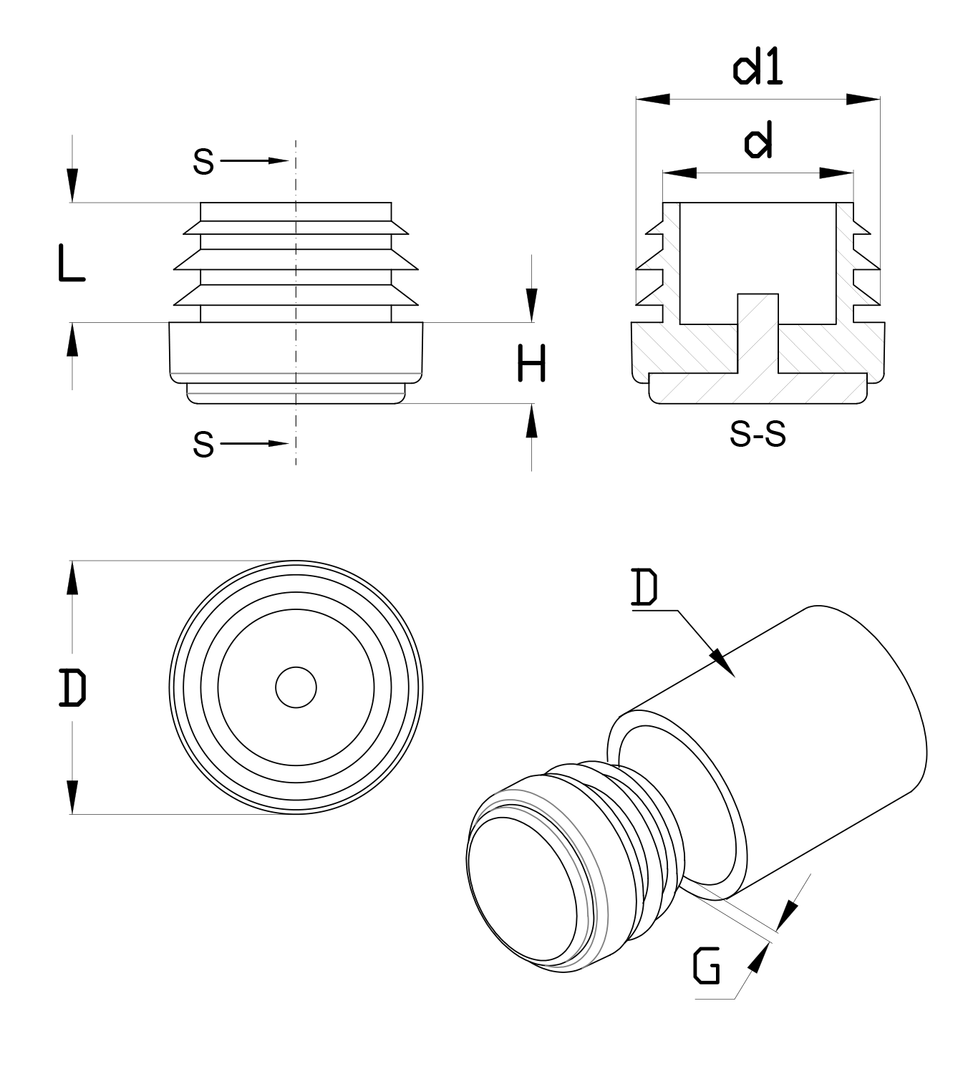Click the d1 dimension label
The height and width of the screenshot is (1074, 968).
758,69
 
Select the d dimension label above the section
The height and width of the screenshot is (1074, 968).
758,142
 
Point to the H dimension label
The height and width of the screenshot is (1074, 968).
531,363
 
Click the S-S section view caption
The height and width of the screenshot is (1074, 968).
758,434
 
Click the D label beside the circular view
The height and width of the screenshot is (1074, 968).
72,687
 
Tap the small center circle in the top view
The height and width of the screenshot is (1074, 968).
296,687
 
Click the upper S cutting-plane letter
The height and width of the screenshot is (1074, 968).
203,162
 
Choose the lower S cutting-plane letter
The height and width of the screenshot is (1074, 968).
203,445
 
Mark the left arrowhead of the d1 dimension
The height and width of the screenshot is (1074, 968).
652,99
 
